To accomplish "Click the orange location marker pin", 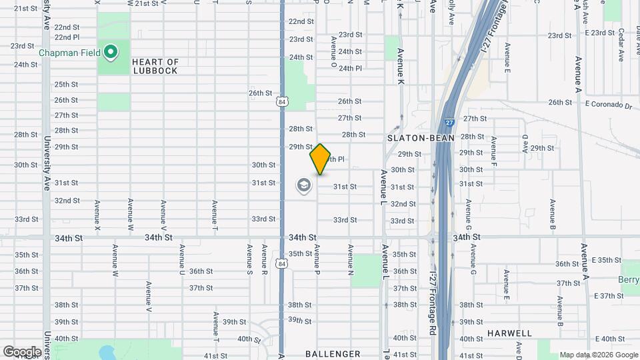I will coord(320,159).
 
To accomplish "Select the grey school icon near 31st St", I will coord(304,186).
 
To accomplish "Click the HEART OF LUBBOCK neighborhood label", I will coord(155,66).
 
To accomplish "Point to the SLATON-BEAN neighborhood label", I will coord(421,137).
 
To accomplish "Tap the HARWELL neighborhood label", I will coord(509,333).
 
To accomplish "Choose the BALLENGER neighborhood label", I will coord(333,354).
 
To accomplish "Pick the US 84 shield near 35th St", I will coord(283,264).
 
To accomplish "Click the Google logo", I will coord(22,351).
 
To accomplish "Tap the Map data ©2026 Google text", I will coord(598,355).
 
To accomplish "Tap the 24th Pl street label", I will coord(349,68).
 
